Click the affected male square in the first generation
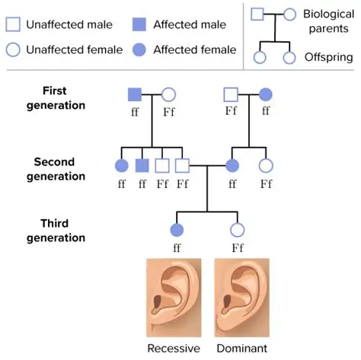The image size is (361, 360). click(x=134, y=94)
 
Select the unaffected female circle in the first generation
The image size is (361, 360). click(x=169, y=94)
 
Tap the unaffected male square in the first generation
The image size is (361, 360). click(x=231, y=94)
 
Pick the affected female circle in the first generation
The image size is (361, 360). click(x=266, y=94)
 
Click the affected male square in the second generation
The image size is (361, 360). click(x=141, y=164)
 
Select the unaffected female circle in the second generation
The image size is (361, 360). click(x=266, y=164)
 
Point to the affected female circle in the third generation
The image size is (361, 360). click(x=177, y=229)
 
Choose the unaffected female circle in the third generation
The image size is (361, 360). click(x=237, y=229)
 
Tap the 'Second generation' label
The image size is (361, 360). click(x=59, y=168)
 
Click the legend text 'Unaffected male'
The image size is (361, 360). click(x=68, y=24)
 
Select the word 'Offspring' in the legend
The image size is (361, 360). click(x=327, y=57)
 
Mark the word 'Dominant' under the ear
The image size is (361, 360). click(x=241, y=348)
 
